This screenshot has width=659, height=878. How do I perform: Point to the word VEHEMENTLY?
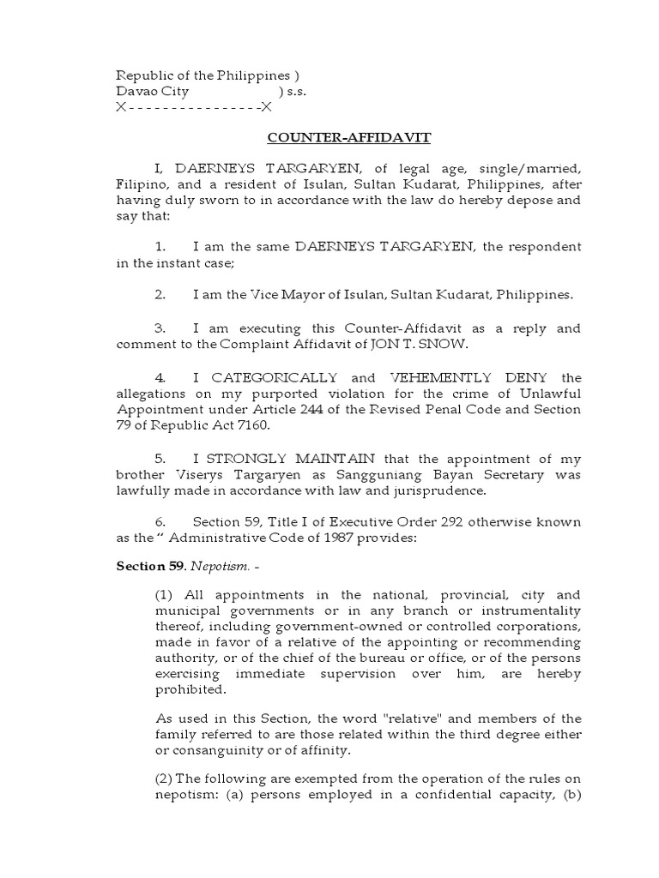441,377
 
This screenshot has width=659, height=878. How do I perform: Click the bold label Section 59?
148,567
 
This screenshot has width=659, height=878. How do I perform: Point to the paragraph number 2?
160,295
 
